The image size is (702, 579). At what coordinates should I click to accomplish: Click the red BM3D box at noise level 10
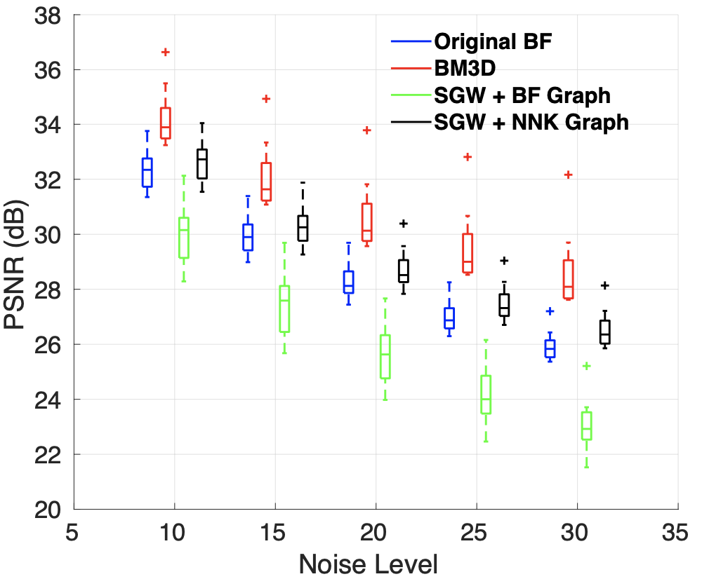(x=166, y=123)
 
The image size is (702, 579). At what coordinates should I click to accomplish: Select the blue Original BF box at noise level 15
(x=248, y=237)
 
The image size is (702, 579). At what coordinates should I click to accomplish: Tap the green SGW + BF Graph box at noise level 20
(x=385, y=357)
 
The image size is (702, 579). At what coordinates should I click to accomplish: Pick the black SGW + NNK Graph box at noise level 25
(x=504, y=305)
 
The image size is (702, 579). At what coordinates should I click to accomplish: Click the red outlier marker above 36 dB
(x=166, y=52)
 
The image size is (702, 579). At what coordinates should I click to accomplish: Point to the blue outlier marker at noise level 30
(x=550, y=311)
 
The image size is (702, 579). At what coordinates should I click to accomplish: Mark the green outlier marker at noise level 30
(x=587, y=366)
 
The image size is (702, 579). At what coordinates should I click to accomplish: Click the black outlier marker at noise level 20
(x=403, y=224)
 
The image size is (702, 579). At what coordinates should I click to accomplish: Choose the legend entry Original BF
(x=494, y=41)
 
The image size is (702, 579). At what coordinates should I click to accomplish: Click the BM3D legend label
(x=461, y=68)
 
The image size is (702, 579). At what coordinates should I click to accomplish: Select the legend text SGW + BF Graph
(x=522, y=95)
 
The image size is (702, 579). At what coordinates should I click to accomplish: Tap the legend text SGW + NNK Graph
(x=531, y=122)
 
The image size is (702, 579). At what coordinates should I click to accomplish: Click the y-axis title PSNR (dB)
(x=19, y=261)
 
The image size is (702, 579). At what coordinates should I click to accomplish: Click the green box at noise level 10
(x=184, y=238)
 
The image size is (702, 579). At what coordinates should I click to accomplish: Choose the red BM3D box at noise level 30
(x=569, y=280)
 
